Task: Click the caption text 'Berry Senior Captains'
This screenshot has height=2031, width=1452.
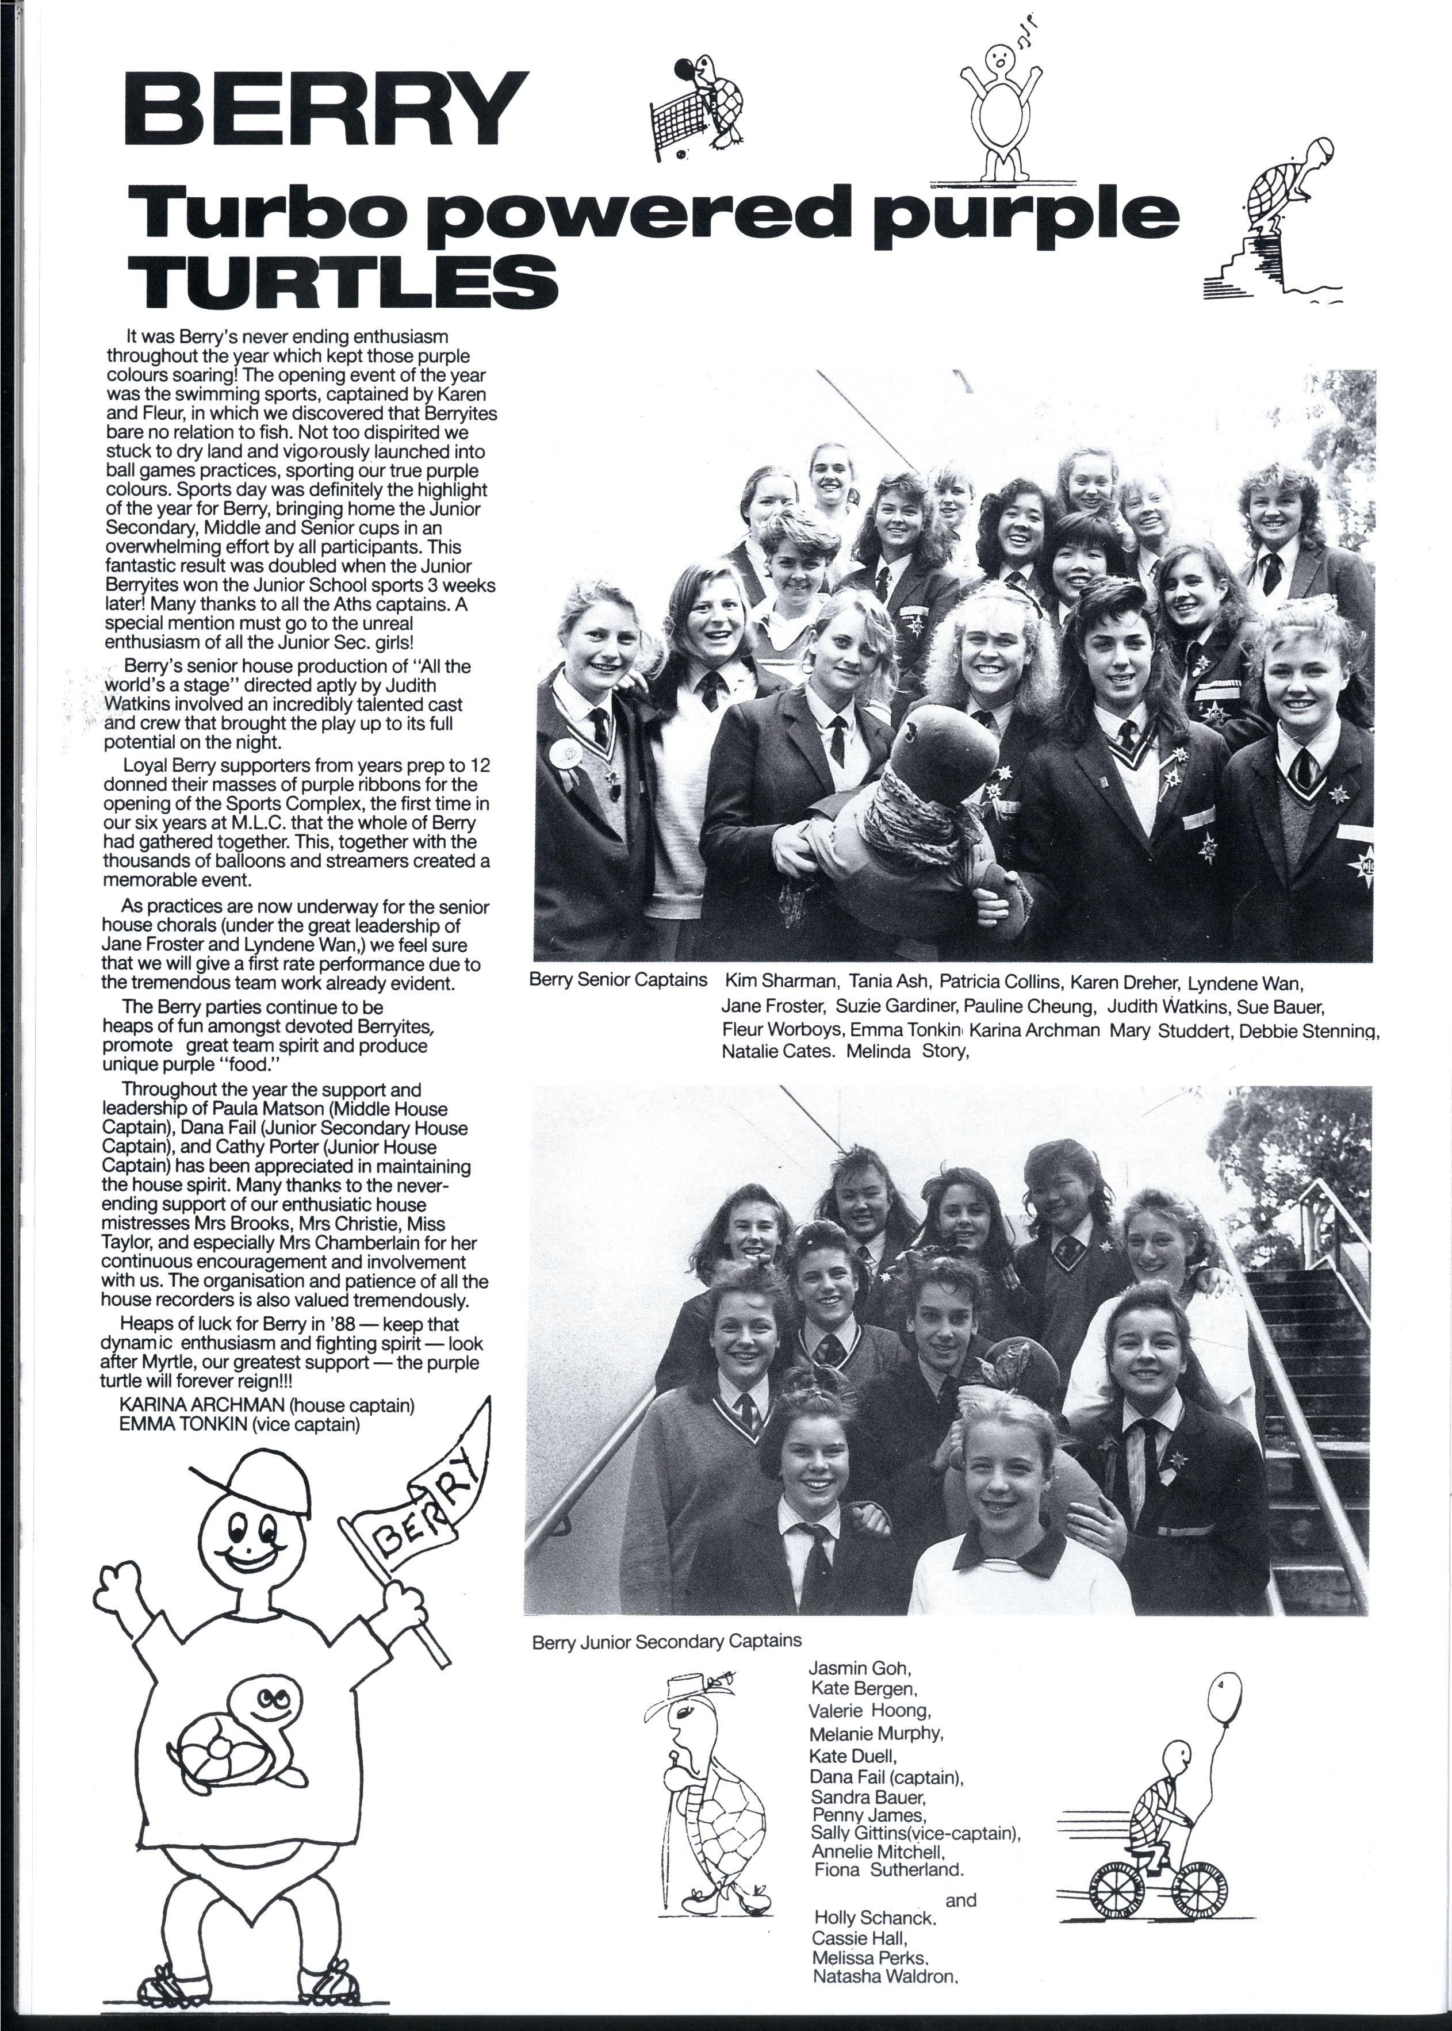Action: pyautogui.click(x=618, y=980)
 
